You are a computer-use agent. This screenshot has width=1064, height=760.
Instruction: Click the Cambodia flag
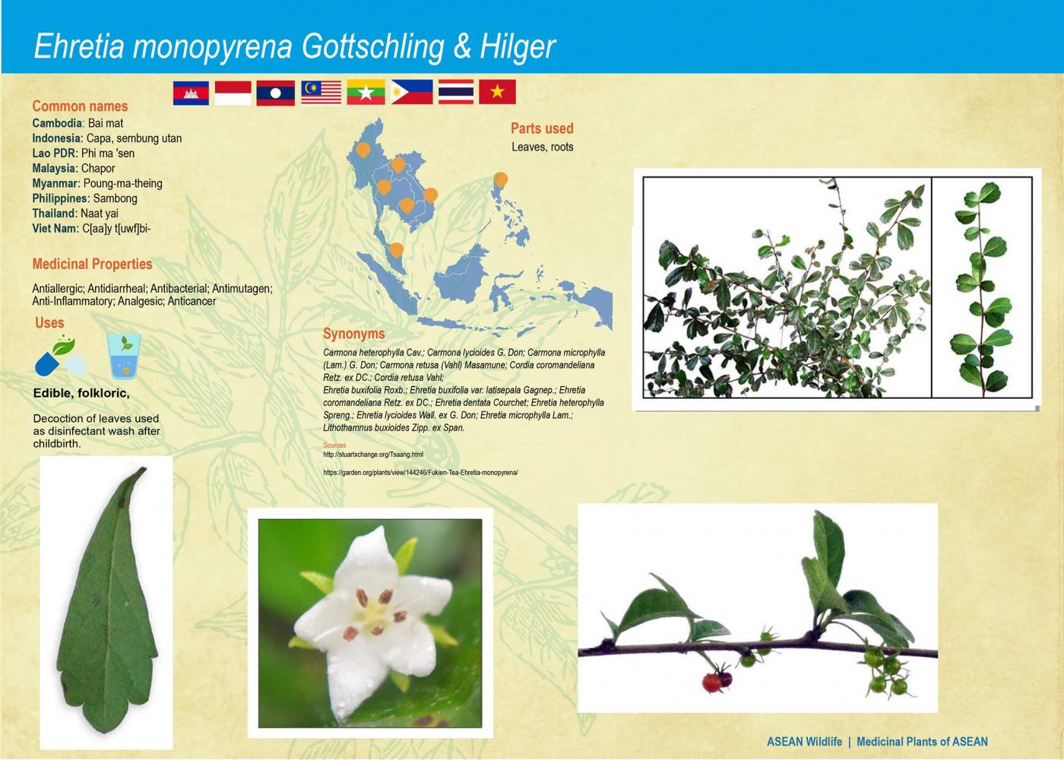pyautogui.click(x=191, y=93)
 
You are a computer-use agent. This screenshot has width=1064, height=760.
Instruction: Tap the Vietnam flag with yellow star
pyautogui.click(x=498, y=92)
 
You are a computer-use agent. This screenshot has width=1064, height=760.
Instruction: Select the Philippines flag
pyautogui.click(x=412, y=92)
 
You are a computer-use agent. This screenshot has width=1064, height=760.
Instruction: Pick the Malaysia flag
pyautogui.click(x=321, y=92)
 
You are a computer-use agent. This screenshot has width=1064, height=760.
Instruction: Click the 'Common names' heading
pyautogui.click(x=80, y=106)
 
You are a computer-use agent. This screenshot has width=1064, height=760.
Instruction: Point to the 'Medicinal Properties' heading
pyautogui.click(x=92, y=264)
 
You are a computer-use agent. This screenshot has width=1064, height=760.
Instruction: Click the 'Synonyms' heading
pyautogui.click(x=353, y=334)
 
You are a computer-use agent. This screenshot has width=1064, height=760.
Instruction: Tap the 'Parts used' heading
pyautogui.click(x=542, y=128)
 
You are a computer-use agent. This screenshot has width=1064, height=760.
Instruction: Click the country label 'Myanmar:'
pyautogui.click(x=55, y=183)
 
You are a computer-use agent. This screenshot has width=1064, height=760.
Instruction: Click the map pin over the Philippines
pyautogui.click(x=500, y=180)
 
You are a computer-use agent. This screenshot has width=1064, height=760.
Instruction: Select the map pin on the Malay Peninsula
pyautogui.click(x=396, y=250)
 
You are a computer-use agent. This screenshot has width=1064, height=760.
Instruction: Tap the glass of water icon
pyautogui.click(x=124, y=356)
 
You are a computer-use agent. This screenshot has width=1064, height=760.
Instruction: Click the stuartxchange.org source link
pyautogui.click(x=373, y=454)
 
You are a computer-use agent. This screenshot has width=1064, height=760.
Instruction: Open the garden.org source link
pyautogui.click(x=420, y=473)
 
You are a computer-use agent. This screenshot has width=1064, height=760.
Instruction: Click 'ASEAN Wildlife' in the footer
pyautogui.click(x=804, y=742)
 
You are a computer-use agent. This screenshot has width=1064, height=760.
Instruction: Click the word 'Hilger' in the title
pyautogui.click(x=518, y=46)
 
